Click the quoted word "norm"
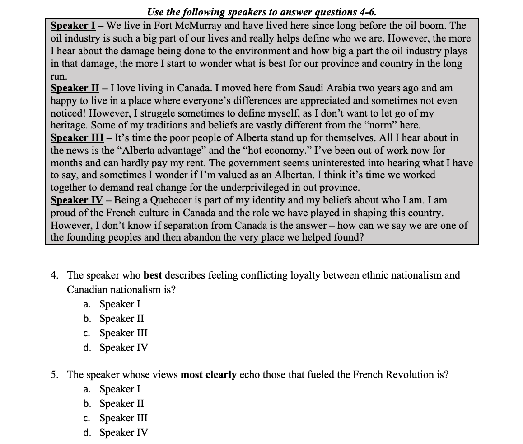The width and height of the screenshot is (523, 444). (x=375, y=125)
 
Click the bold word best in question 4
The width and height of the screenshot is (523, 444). (x=153, y=275)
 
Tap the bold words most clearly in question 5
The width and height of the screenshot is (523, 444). (x=208, y=374)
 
